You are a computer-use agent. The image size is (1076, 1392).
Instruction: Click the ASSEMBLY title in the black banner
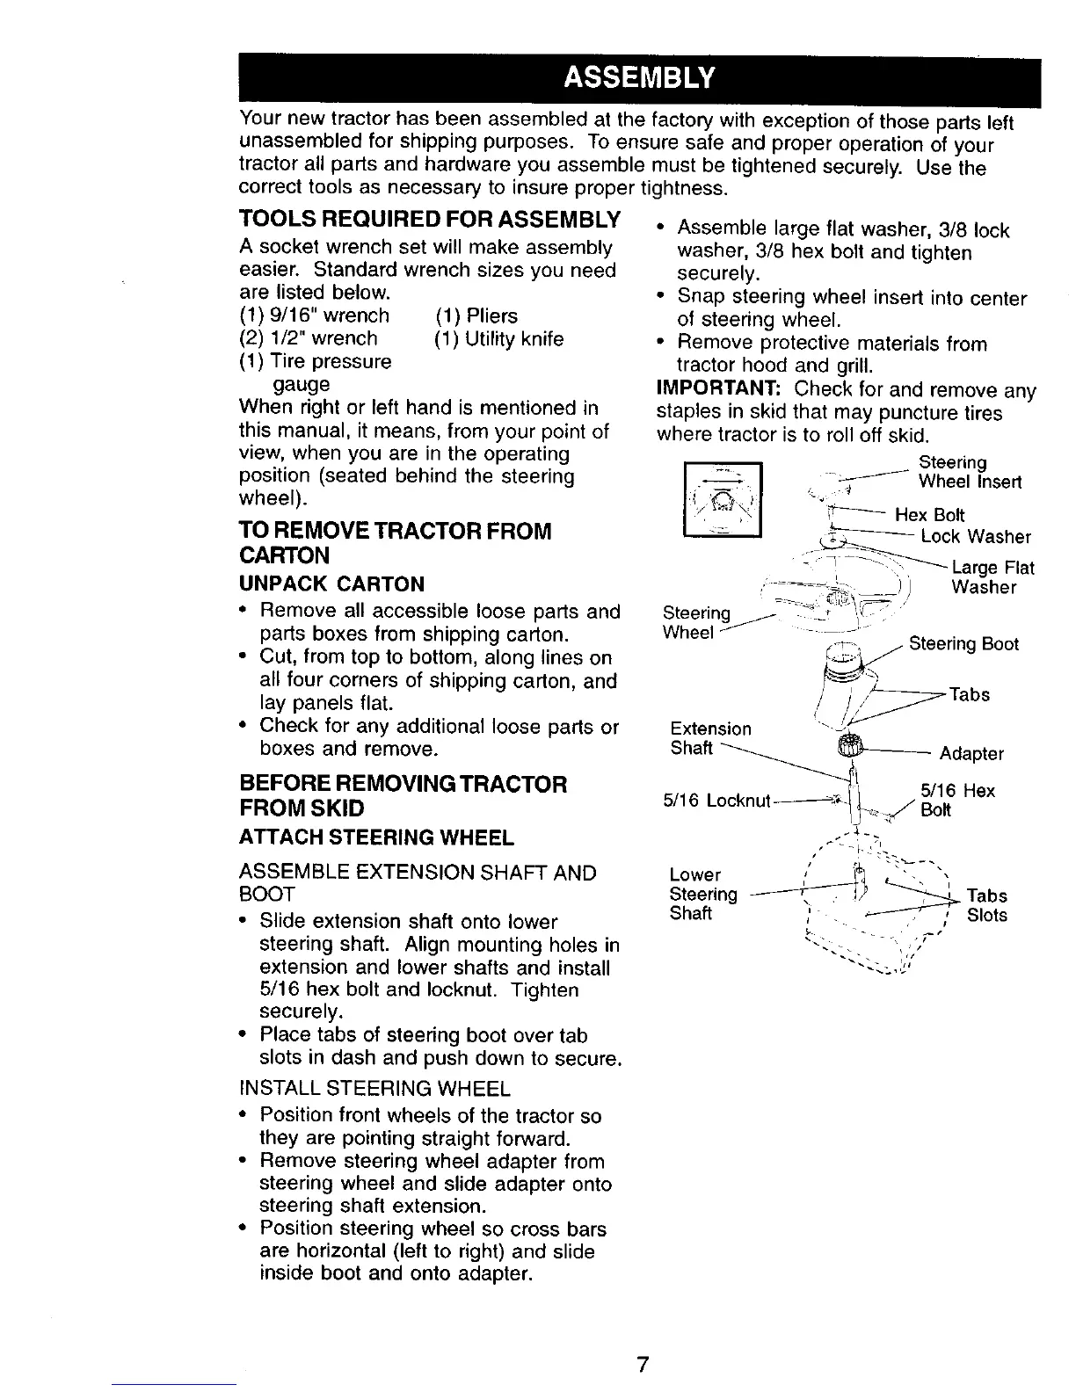[638, 81]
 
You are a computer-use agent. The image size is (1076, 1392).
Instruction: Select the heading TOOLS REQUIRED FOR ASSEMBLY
[430, 219]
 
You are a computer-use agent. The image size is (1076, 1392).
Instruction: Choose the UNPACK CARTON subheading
[331, 584]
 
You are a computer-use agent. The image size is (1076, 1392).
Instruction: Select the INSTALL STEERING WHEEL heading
[374, 1090]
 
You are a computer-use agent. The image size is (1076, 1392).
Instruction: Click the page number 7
[643, 1364]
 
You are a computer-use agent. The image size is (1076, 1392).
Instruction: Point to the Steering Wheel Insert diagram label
[969, 472]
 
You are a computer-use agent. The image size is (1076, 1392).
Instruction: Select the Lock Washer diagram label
[975, 537]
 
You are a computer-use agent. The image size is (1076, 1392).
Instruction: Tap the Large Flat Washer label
[992, 577]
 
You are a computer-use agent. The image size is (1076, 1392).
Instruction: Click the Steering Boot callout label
[963, 644]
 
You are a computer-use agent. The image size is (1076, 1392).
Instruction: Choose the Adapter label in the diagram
[971, 754]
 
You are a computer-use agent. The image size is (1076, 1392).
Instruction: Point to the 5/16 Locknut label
[716, 801]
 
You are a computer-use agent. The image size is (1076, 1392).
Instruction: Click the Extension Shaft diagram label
[710, 738]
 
